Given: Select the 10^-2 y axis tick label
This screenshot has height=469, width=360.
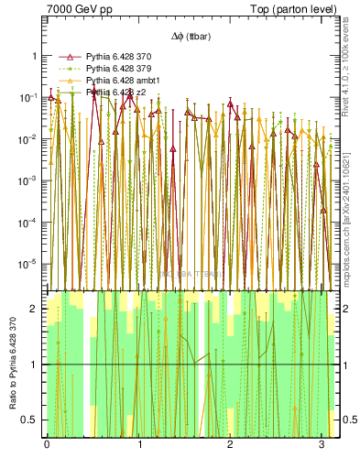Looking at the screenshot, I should [28, 139].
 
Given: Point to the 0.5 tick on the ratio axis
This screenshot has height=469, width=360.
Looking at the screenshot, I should [30, 420].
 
